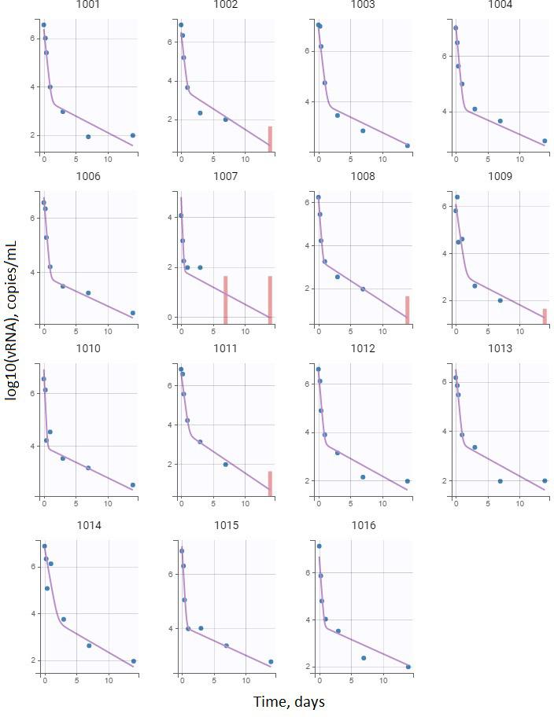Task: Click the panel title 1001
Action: point(87,5)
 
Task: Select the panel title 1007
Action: point(225,177)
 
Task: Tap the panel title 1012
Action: point(363,348)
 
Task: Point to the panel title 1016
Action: point(363,525)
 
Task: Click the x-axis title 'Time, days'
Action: point(289,701)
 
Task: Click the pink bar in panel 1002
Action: point(270,138)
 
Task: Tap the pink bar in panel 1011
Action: point(270,484)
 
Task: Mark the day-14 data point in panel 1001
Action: point(132,135)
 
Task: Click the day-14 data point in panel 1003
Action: point(407,145)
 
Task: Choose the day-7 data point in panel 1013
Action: point(500,481)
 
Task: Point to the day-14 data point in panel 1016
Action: point(408,667)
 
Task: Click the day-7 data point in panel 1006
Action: point(88,293)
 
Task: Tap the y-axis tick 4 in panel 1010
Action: point(31,446)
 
